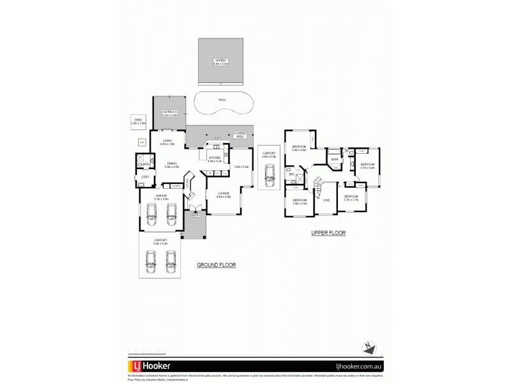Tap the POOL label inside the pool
[222, 100]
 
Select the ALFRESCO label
[169, 111]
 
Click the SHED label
[138, 119]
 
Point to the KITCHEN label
[214, 157]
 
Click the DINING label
[172, 163]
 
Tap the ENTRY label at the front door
[196, 215]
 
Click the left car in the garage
[152, 214]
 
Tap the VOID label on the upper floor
[326, 200]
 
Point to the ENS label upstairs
[291, 174]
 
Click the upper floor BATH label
[334, 160]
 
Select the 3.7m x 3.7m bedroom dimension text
[351, 200]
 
